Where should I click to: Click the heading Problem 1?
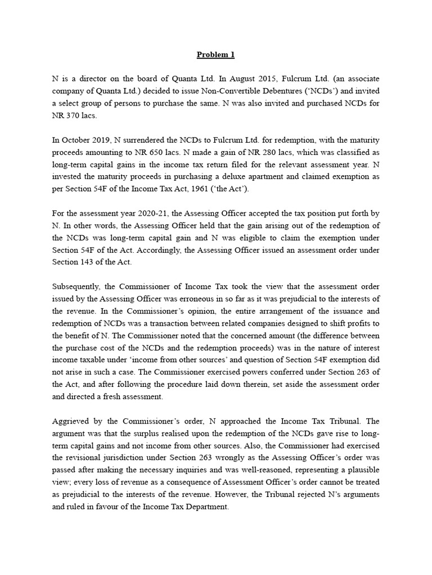tap(215, 54)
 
